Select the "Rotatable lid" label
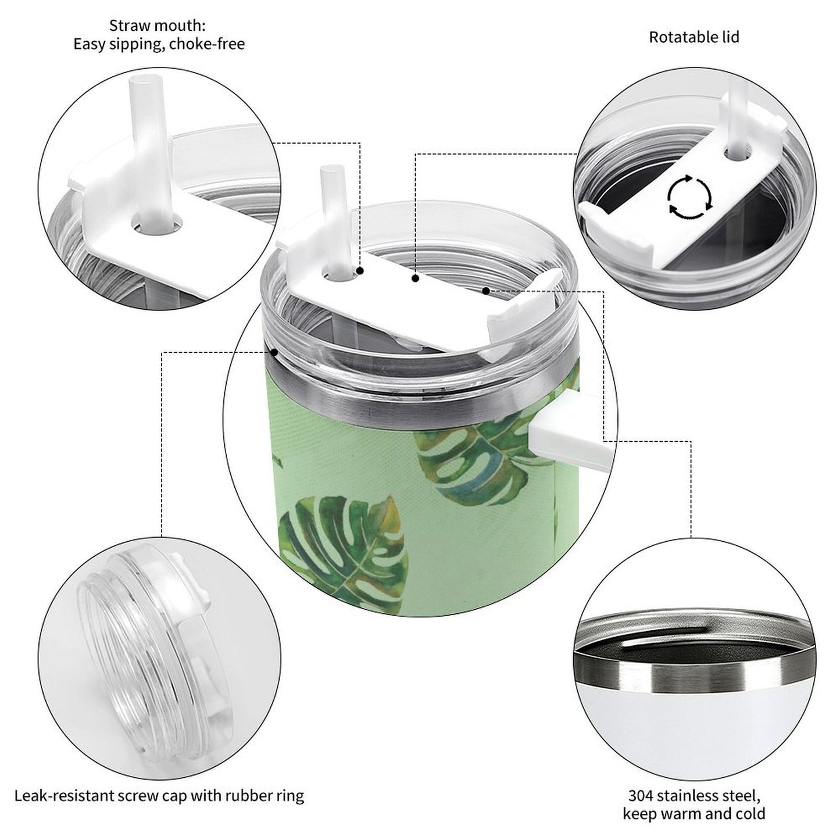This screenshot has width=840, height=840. [694, 37]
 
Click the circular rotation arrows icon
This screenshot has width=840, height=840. [689, 197]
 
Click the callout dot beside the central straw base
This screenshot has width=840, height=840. [360, 271]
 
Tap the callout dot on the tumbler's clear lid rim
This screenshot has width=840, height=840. [274, 351]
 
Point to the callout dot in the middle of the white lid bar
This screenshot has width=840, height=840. [415, 279]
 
